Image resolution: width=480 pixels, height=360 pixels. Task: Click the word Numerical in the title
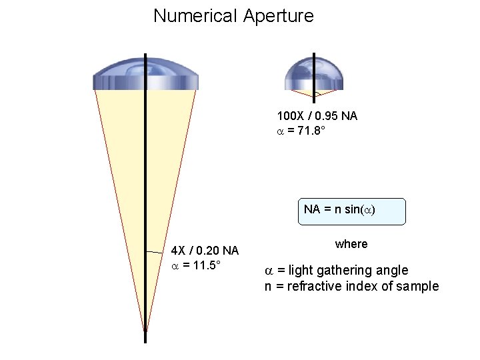[x=195, y=16]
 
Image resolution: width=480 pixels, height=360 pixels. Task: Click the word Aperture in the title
[x=278, y=16]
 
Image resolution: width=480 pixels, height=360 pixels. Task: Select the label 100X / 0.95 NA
[x=317, y=116]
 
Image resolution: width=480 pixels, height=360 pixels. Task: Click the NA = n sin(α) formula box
[x=339, y=210]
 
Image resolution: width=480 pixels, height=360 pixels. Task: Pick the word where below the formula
[x=351, y=244]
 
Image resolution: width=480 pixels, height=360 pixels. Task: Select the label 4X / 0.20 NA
[x=205, y=251]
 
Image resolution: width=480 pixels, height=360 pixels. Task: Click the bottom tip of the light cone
[x=145, y=329]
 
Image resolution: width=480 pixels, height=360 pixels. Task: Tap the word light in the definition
[x=298, y=271]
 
